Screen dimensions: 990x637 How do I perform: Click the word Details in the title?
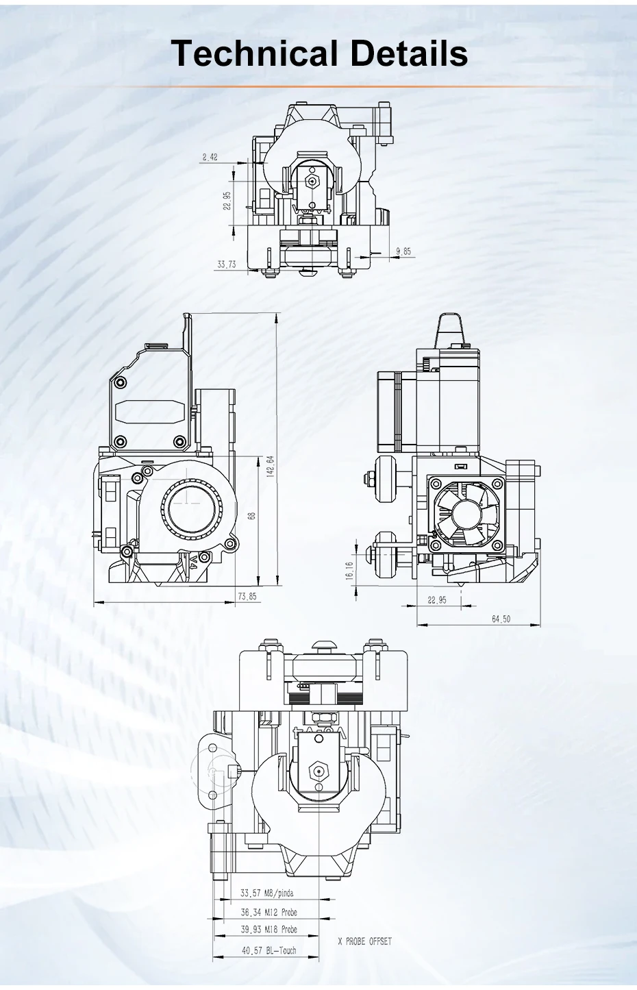click(409, 53)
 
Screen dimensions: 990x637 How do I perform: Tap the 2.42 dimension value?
click(210, 157)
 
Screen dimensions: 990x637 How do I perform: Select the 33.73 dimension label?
click(226, 264)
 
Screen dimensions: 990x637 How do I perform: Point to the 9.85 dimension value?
click(403, 251)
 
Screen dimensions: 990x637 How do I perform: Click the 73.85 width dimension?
click(247, 596)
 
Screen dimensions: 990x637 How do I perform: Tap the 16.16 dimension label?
click(349, 570)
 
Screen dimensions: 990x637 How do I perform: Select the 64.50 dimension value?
click(501, 619)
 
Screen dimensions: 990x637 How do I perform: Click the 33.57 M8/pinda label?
click(266, 893)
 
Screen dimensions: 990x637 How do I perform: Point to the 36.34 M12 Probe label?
click(268, 912)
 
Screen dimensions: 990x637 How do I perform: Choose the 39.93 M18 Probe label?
click(268, 930)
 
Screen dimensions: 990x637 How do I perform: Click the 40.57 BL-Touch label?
click(268, 950)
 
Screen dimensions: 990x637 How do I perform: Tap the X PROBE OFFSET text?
click(364, 941)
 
